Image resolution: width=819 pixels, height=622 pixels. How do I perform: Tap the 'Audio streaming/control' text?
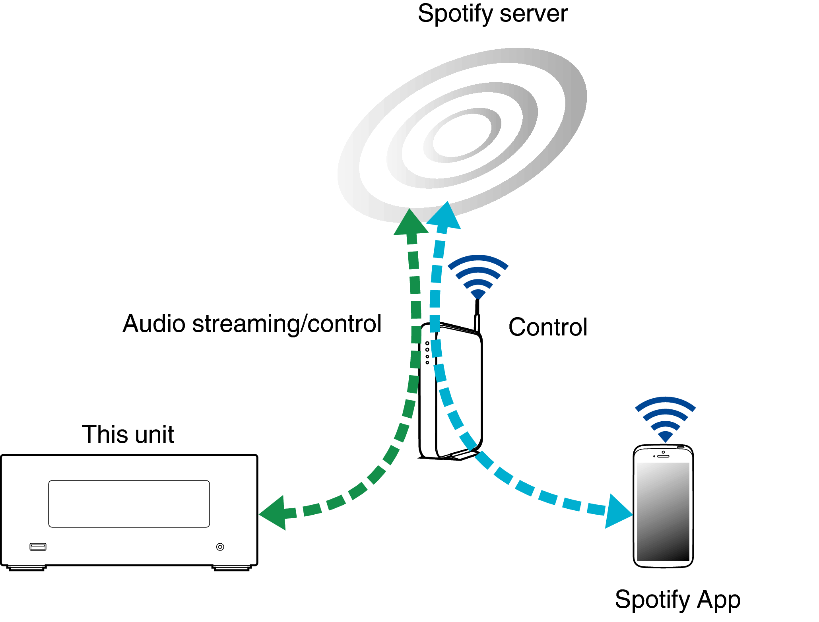tap(252, 324)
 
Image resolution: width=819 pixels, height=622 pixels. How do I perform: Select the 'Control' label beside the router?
tap(547, 327)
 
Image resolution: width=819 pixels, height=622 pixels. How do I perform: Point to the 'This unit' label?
tap(128, 434)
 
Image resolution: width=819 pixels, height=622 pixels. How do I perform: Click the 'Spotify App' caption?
tap(677, 599)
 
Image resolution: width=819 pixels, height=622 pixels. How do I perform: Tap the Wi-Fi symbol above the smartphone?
tap(665, 418)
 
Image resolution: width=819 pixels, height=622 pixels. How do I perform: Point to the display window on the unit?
tap(129, 504)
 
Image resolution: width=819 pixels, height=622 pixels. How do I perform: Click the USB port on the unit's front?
tap(38, 547)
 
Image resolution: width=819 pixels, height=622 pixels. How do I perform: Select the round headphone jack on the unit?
tap(220, 547)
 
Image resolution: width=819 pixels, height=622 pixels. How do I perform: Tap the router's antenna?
tap(477, 314)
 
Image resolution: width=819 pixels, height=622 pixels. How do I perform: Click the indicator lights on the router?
tap(427, 353)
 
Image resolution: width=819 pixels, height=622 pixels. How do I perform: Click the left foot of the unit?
tap(26, 568)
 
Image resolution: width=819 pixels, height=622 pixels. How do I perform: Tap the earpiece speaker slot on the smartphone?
tap(663, 456)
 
